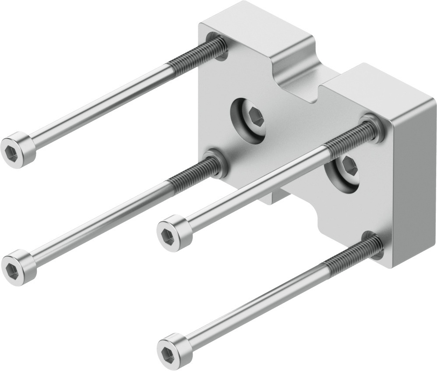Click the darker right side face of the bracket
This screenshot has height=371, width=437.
tap(414, 184)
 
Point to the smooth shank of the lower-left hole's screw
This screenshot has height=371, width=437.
tap(101, 219)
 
